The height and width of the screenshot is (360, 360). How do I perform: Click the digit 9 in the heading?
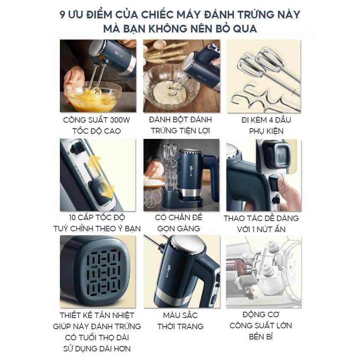(62, 15)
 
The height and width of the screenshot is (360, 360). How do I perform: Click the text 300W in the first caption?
(120, 120)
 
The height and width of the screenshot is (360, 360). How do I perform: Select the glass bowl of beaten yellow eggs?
(94, 97)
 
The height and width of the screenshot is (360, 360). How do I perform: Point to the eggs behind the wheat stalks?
(161, 45)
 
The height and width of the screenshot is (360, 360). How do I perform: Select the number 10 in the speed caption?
(73, 218)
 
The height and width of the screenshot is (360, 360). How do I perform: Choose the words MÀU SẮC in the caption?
(180, 315)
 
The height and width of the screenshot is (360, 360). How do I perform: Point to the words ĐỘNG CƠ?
(261, 314)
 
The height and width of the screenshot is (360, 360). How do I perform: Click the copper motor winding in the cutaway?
(236, 266)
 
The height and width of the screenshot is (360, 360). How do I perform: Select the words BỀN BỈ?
(261, 336)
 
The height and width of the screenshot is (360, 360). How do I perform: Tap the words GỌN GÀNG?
(179, 228)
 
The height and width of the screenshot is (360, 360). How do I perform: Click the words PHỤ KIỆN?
(266, 131)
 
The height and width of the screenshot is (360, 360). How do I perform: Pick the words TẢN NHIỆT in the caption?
(113, 315)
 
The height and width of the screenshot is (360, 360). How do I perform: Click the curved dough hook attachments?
(257, 97)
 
